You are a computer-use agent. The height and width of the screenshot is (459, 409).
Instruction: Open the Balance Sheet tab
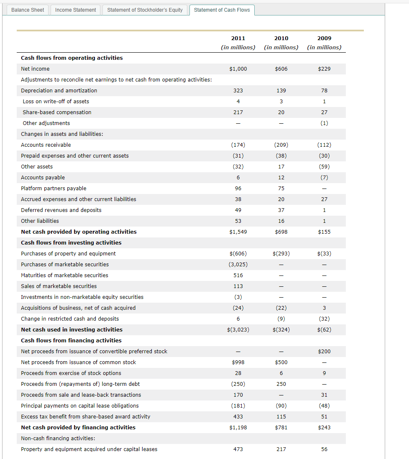pos(28,10)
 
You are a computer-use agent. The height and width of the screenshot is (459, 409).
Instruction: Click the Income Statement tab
pos(76,10)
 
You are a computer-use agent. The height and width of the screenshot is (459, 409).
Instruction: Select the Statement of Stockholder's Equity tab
pos(145,10)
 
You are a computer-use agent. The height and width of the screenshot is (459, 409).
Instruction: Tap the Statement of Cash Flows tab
pos(222,10)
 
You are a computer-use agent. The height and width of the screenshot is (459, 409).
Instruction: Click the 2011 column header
pos(238,38)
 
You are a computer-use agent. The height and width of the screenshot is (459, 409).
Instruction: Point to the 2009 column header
pos(324,38)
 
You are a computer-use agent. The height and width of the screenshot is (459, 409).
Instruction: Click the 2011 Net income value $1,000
pos(238,69)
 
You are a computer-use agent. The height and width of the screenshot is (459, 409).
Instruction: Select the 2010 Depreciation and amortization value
pos(281,91)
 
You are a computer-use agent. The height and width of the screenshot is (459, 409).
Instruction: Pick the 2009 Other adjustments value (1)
pos(324,123)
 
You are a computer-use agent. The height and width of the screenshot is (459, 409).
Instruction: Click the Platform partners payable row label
pos(54,189)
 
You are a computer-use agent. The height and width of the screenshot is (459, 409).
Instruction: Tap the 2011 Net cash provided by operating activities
pos(238,232)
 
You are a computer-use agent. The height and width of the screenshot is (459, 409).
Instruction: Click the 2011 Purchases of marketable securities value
pos(238,265)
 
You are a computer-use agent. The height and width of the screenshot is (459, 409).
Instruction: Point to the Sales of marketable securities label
pos(59,286)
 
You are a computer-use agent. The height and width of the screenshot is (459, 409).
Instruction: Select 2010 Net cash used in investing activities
pos(281,330)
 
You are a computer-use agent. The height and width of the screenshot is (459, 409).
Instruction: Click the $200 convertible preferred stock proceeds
pos(324,352)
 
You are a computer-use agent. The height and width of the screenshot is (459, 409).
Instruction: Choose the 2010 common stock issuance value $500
pos(281,362)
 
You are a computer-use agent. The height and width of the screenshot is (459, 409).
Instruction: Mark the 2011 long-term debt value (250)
pos(238,384)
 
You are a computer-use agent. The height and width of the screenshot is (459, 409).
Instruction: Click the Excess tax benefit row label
pos(85,417)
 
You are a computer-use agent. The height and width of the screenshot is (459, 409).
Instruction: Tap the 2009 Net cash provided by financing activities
pos(324,428)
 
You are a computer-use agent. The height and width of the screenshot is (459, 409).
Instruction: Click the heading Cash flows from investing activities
pos(71,243)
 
